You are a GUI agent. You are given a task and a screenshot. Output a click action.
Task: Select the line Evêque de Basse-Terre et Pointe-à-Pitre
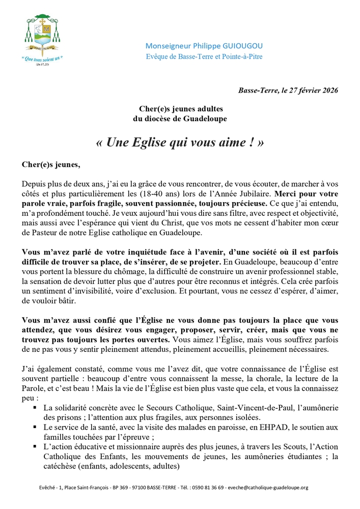[x=204, y=56]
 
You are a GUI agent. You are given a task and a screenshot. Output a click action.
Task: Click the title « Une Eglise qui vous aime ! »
[x=180, y=143]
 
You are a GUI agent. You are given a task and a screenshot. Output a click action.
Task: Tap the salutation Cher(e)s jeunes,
[x=51, y=164]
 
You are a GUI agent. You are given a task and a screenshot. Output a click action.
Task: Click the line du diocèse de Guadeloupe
[x=180, y=119]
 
